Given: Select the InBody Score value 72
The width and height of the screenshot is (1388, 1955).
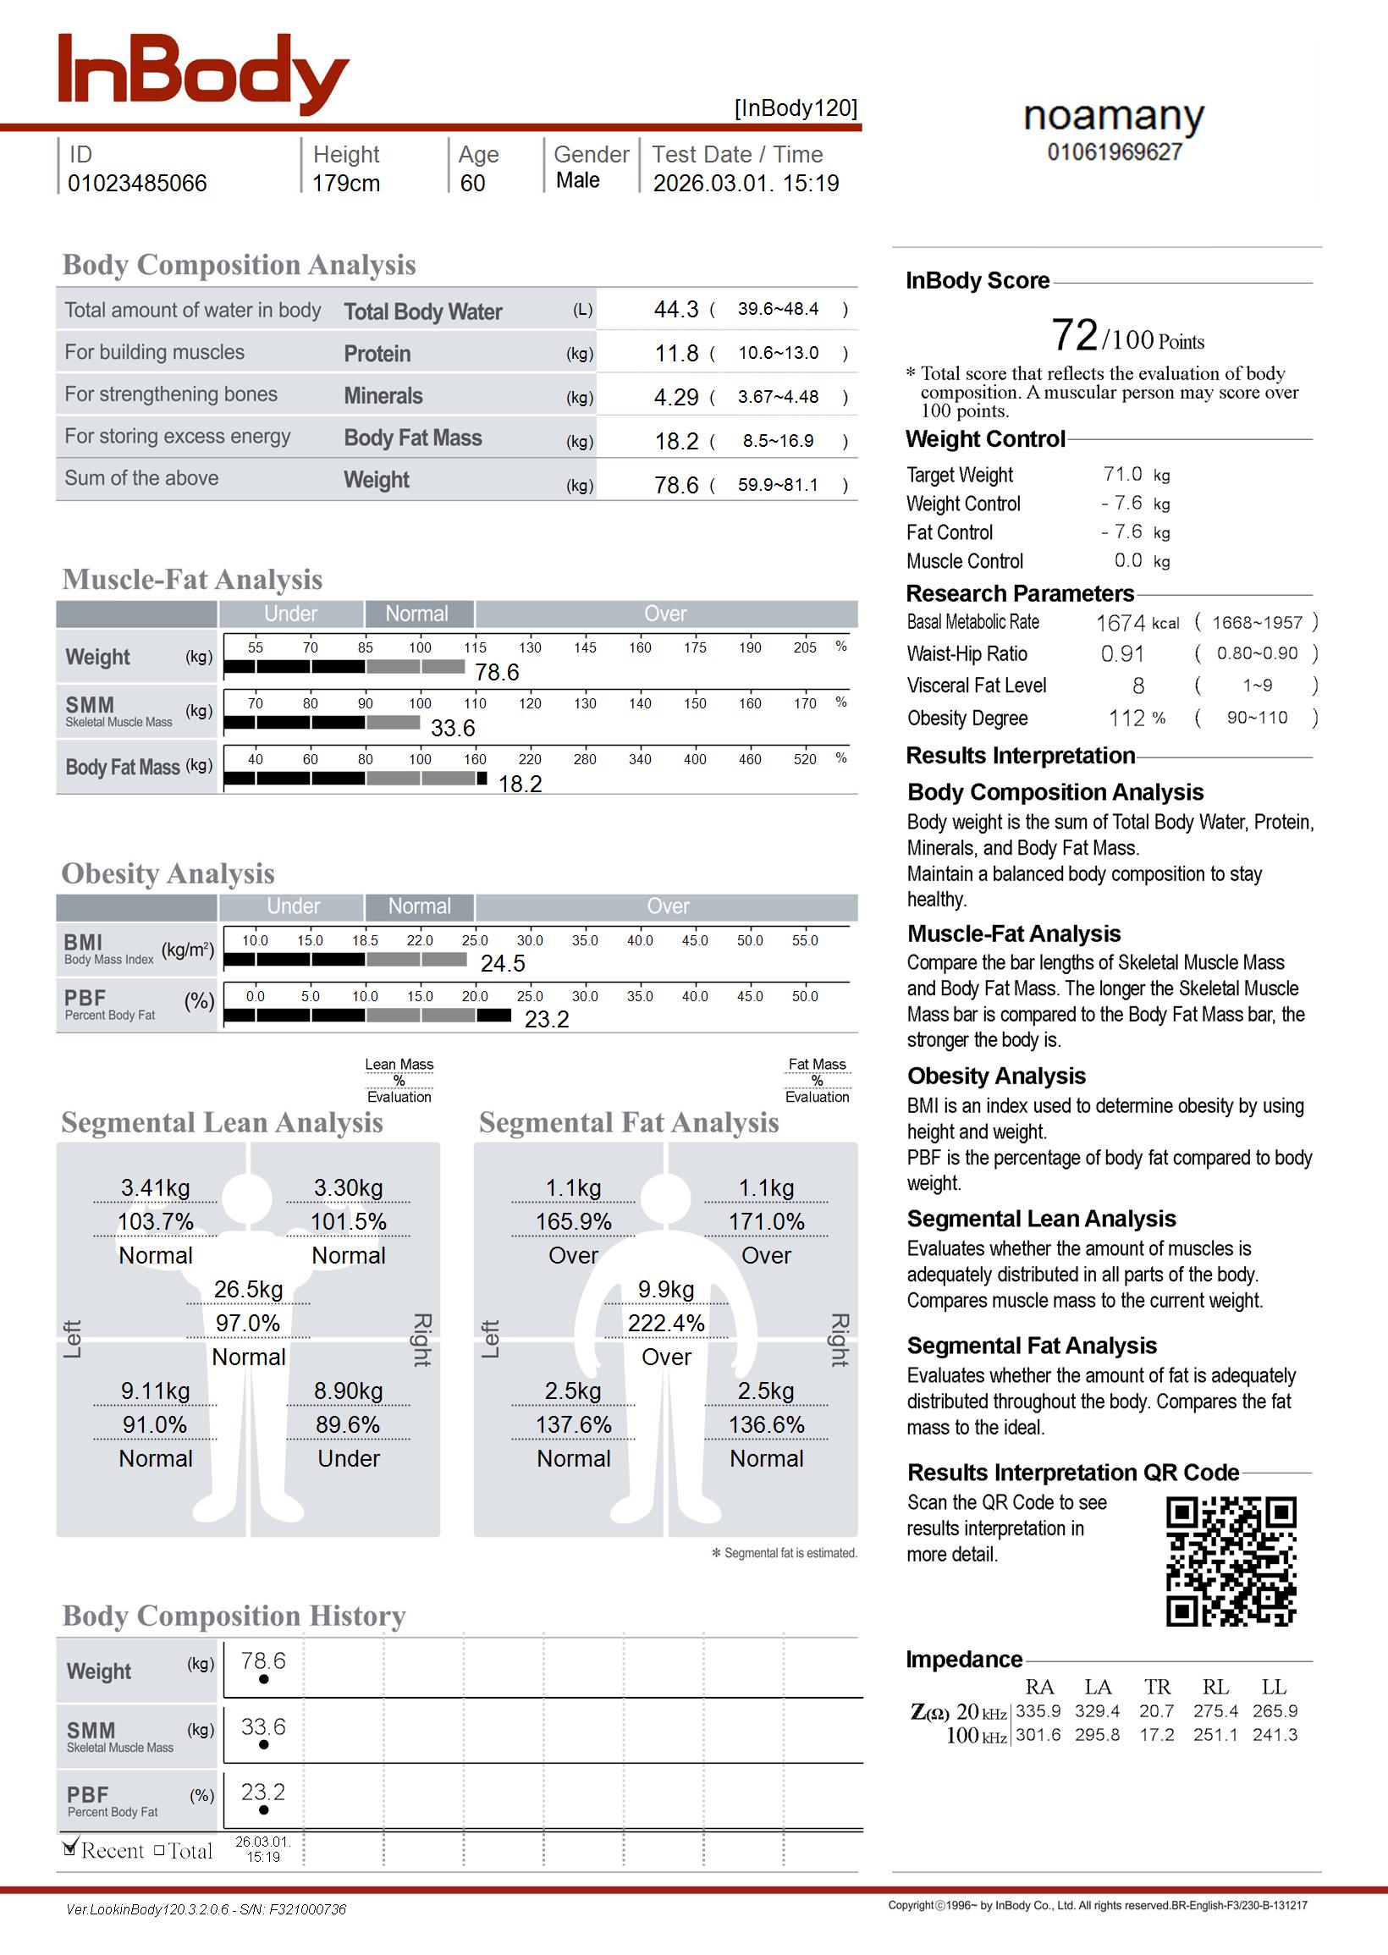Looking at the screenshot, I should click(x=1073, y=335).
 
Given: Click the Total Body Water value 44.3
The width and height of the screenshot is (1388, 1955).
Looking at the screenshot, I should click(x=676, y=309).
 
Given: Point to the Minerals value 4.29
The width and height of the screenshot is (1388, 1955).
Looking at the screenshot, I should click(x=676, y=397).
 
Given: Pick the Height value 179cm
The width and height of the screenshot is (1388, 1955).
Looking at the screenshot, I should click(x=345, y=184).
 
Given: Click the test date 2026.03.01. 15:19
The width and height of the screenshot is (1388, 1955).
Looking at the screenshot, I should click(x=746, y=184).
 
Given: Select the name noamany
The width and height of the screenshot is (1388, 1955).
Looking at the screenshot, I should click(x=1114, y=116).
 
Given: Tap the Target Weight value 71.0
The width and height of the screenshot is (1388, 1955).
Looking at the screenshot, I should click(x=1122, y=474).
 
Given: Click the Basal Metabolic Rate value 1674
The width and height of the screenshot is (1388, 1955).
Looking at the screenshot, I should click(x=1120, y=623).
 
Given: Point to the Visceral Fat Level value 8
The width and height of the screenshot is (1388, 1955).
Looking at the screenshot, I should click(x=1137, y=686).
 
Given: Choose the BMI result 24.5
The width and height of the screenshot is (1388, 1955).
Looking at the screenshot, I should click(x=503, y=964).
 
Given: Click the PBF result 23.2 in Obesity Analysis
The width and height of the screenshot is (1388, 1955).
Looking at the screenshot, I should click(x=546, y=1019).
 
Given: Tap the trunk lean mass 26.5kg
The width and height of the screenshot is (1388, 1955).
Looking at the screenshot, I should click(x=248, y=1290).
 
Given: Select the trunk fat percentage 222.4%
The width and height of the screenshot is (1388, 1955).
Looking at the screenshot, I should click(x=666, y=1324).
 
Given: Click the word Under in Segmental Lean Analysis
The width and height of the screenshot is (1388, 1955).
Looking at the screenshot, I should click(x=349, y=1458).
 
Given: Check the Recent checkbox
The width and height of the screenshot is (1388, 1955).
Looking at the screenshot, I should click(x=71, y=1850).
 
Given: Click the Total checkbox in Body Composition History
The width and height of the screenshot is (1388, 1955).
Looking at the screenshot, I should click(x=159, y=1851).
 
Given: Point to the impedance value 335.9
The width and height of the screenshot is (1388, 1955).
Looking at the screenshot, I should click(x=1038, y=1711).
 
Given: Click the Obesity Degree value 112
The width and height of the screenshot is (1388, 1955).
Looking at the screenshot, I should click(x=1126, y=719).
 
